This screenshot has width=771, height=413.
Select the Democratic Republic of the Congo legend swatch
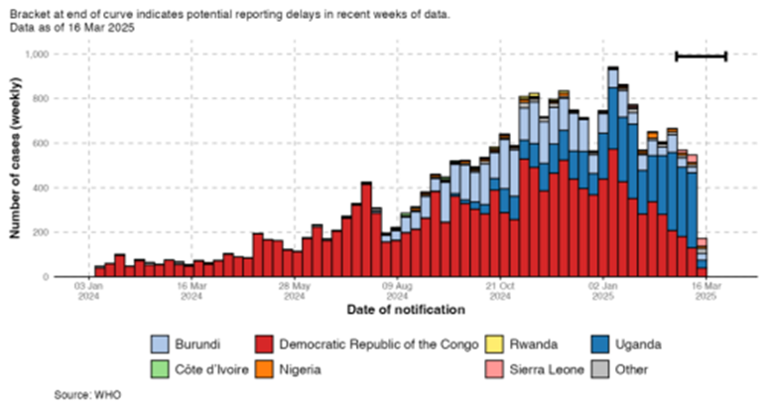[x=265, y=344]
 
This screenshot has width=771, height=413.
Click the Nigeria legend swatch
[x=265, y=368]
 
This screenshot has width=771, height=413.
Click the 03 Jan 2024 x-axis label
[x=87, y=290]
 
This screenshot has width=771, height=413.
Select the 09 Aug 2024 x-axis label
[x=396, y=290]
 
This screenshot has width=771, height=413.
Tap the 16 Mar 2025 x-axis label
[x=706, y=290]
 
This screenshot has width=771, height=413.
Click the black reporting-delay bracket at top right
[x=701, y=57]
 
